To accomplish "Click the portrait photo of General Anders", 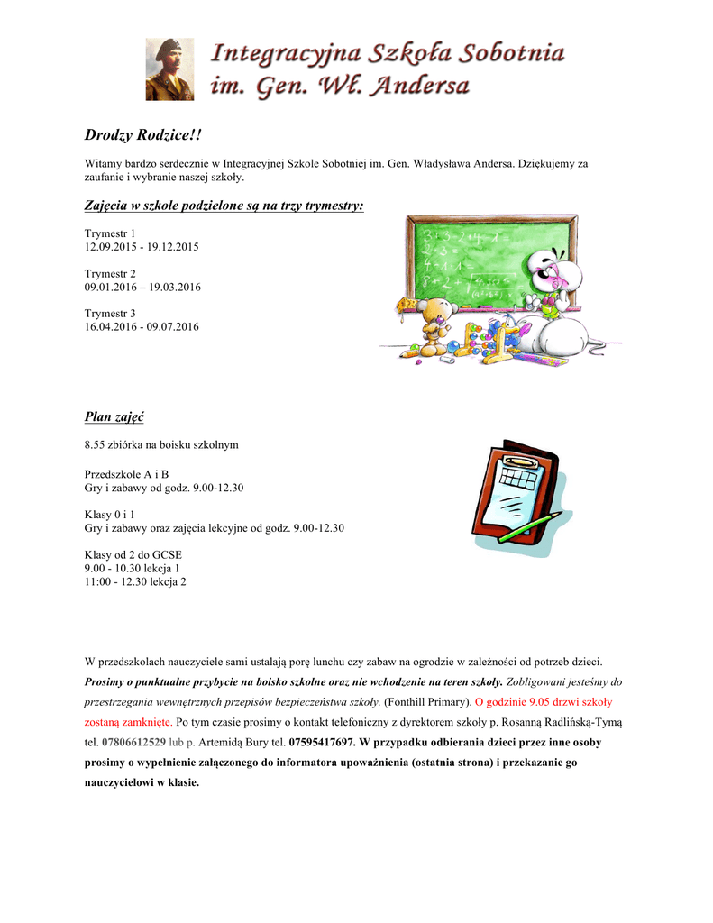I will point(169,69).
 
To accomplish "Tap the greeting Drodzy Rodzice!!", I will point(143,135).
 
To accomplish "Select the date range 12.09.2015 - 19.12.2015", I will point(142,247).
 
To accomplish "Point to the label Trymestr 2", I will point(110,273).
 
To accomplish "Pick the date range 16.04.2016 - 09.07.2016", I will point(142,326).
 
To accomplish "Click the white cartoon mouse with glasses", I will point(554,288).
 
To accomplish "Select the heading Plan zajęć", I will point(114,416).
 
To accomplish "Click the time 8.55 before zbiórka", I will point(96,445).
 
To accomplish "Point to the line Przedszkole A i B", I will point(126,474).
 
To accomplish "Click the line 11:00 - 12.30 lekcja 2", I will point(135,581).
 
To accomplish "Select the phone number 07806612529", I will point(134,743).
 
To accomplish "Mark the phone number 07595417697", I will point(321,743).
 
